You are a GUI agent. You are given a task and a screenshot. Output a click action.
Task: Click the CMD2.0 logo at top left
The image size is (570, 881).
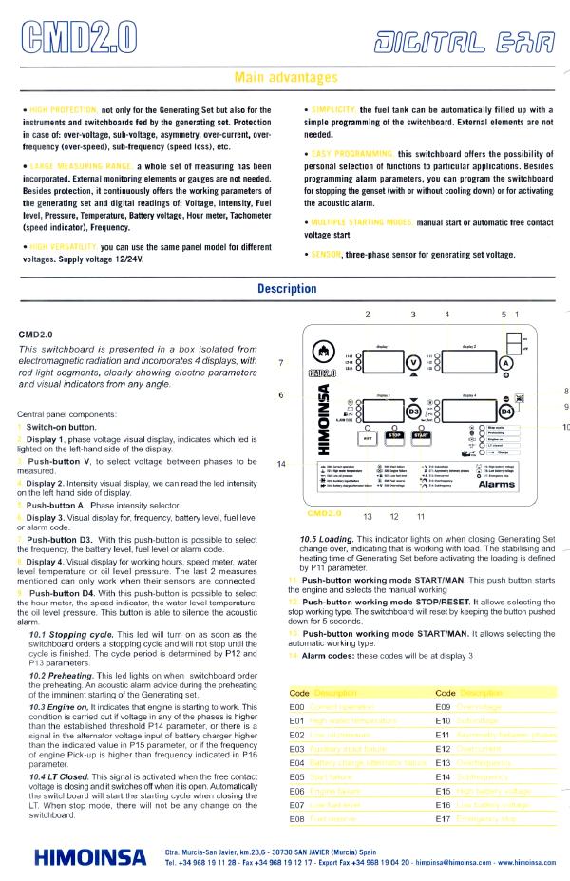point(76,37)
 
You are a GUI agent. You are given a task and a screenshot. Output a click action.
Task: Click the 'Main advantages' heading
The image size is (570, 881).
point(284,77)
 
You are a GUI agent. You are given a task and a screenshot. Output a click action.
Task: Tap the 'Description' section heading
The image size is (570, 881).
point(285,289)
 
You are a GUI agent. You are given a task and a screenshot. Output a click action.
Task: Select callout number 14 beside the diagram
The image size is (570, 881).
point(280,463)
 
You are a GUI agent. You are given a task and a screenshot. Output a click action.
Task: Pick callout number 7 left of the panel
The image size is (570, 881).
point(280,362)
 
